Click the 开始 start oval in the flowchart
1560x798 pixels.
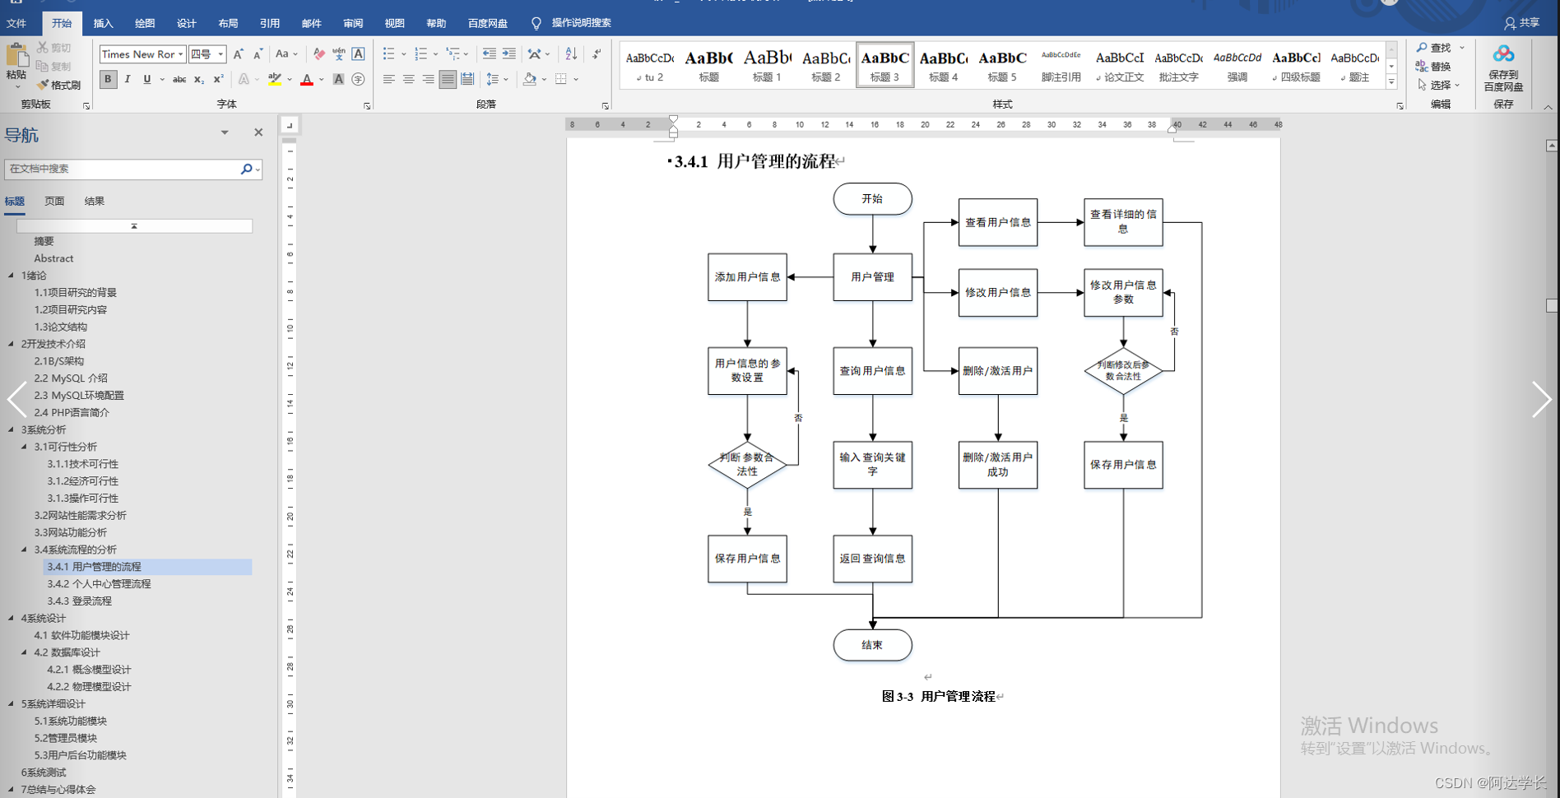click(x=872, y=199)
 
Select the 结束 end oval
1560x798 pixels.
click(x=872, y=645)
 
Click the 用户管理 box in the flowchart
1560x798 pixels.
click(x=872, y=277)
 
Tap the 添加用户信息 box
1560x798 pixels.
click(x=747, y=277)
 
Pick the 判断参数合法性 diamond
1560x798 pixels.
click(x=747, y=465)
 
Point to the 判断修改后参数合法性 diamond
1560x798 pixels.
click(x=1123, y=371)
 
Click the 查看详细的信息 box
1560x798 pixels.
click(x=1123, y=222)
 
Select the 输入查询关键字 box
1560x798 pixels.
click(x=872, y=465)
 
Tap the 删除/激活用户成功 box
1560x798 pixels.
click(x=997, y=465)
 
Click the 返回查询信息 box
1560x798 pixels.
click(x=872, y=559)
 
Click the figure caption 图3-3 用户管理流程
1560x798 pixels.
click(x=939, y=697)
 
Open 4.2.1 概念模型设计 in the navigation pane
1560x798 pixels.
click(x=89, y=670)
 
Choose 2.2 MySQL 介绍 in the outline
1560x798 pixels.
click(x=71, y=378)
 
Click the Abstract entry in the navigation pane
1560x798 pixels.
click(x=53, y=258)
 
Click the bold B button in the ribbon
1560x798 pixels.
click(x=108, y=79)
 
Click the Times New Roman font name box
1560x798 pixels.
click(x=138, y=54)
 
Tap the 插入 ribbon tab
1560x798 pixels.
click(x=103, y=23)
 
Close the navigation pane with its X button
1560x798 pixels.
click(x=258, y=132)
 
